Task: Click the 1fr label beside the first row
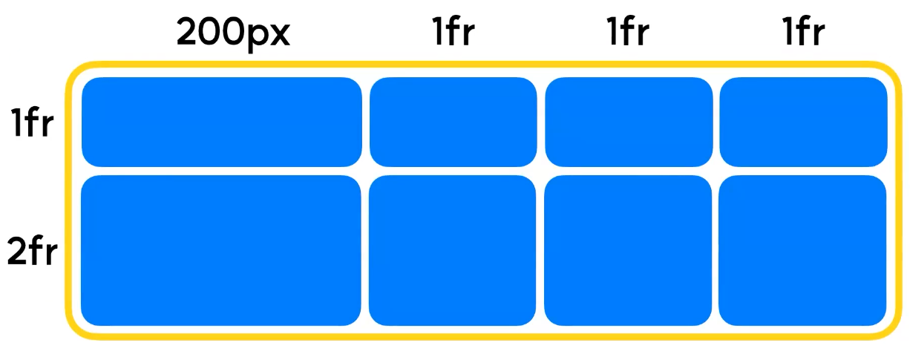pyautogui.click(x=32, y=123)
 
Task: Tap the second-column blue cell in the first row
pyautogui.click(x=453, y=122)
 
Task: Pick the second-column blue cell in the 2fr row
pyautogui.click(x=453, y=251)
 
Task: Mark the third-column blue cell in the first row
pyautogui.click(x=628, y=122)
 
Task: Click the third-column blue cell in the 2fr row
pyautogui.click(x=628, y=251)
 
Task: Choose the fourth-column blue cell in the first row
pyautogui.click(x=803, y=122)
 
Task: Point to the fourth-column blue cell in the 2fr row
pyautogui.click(x=803, y=251)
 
